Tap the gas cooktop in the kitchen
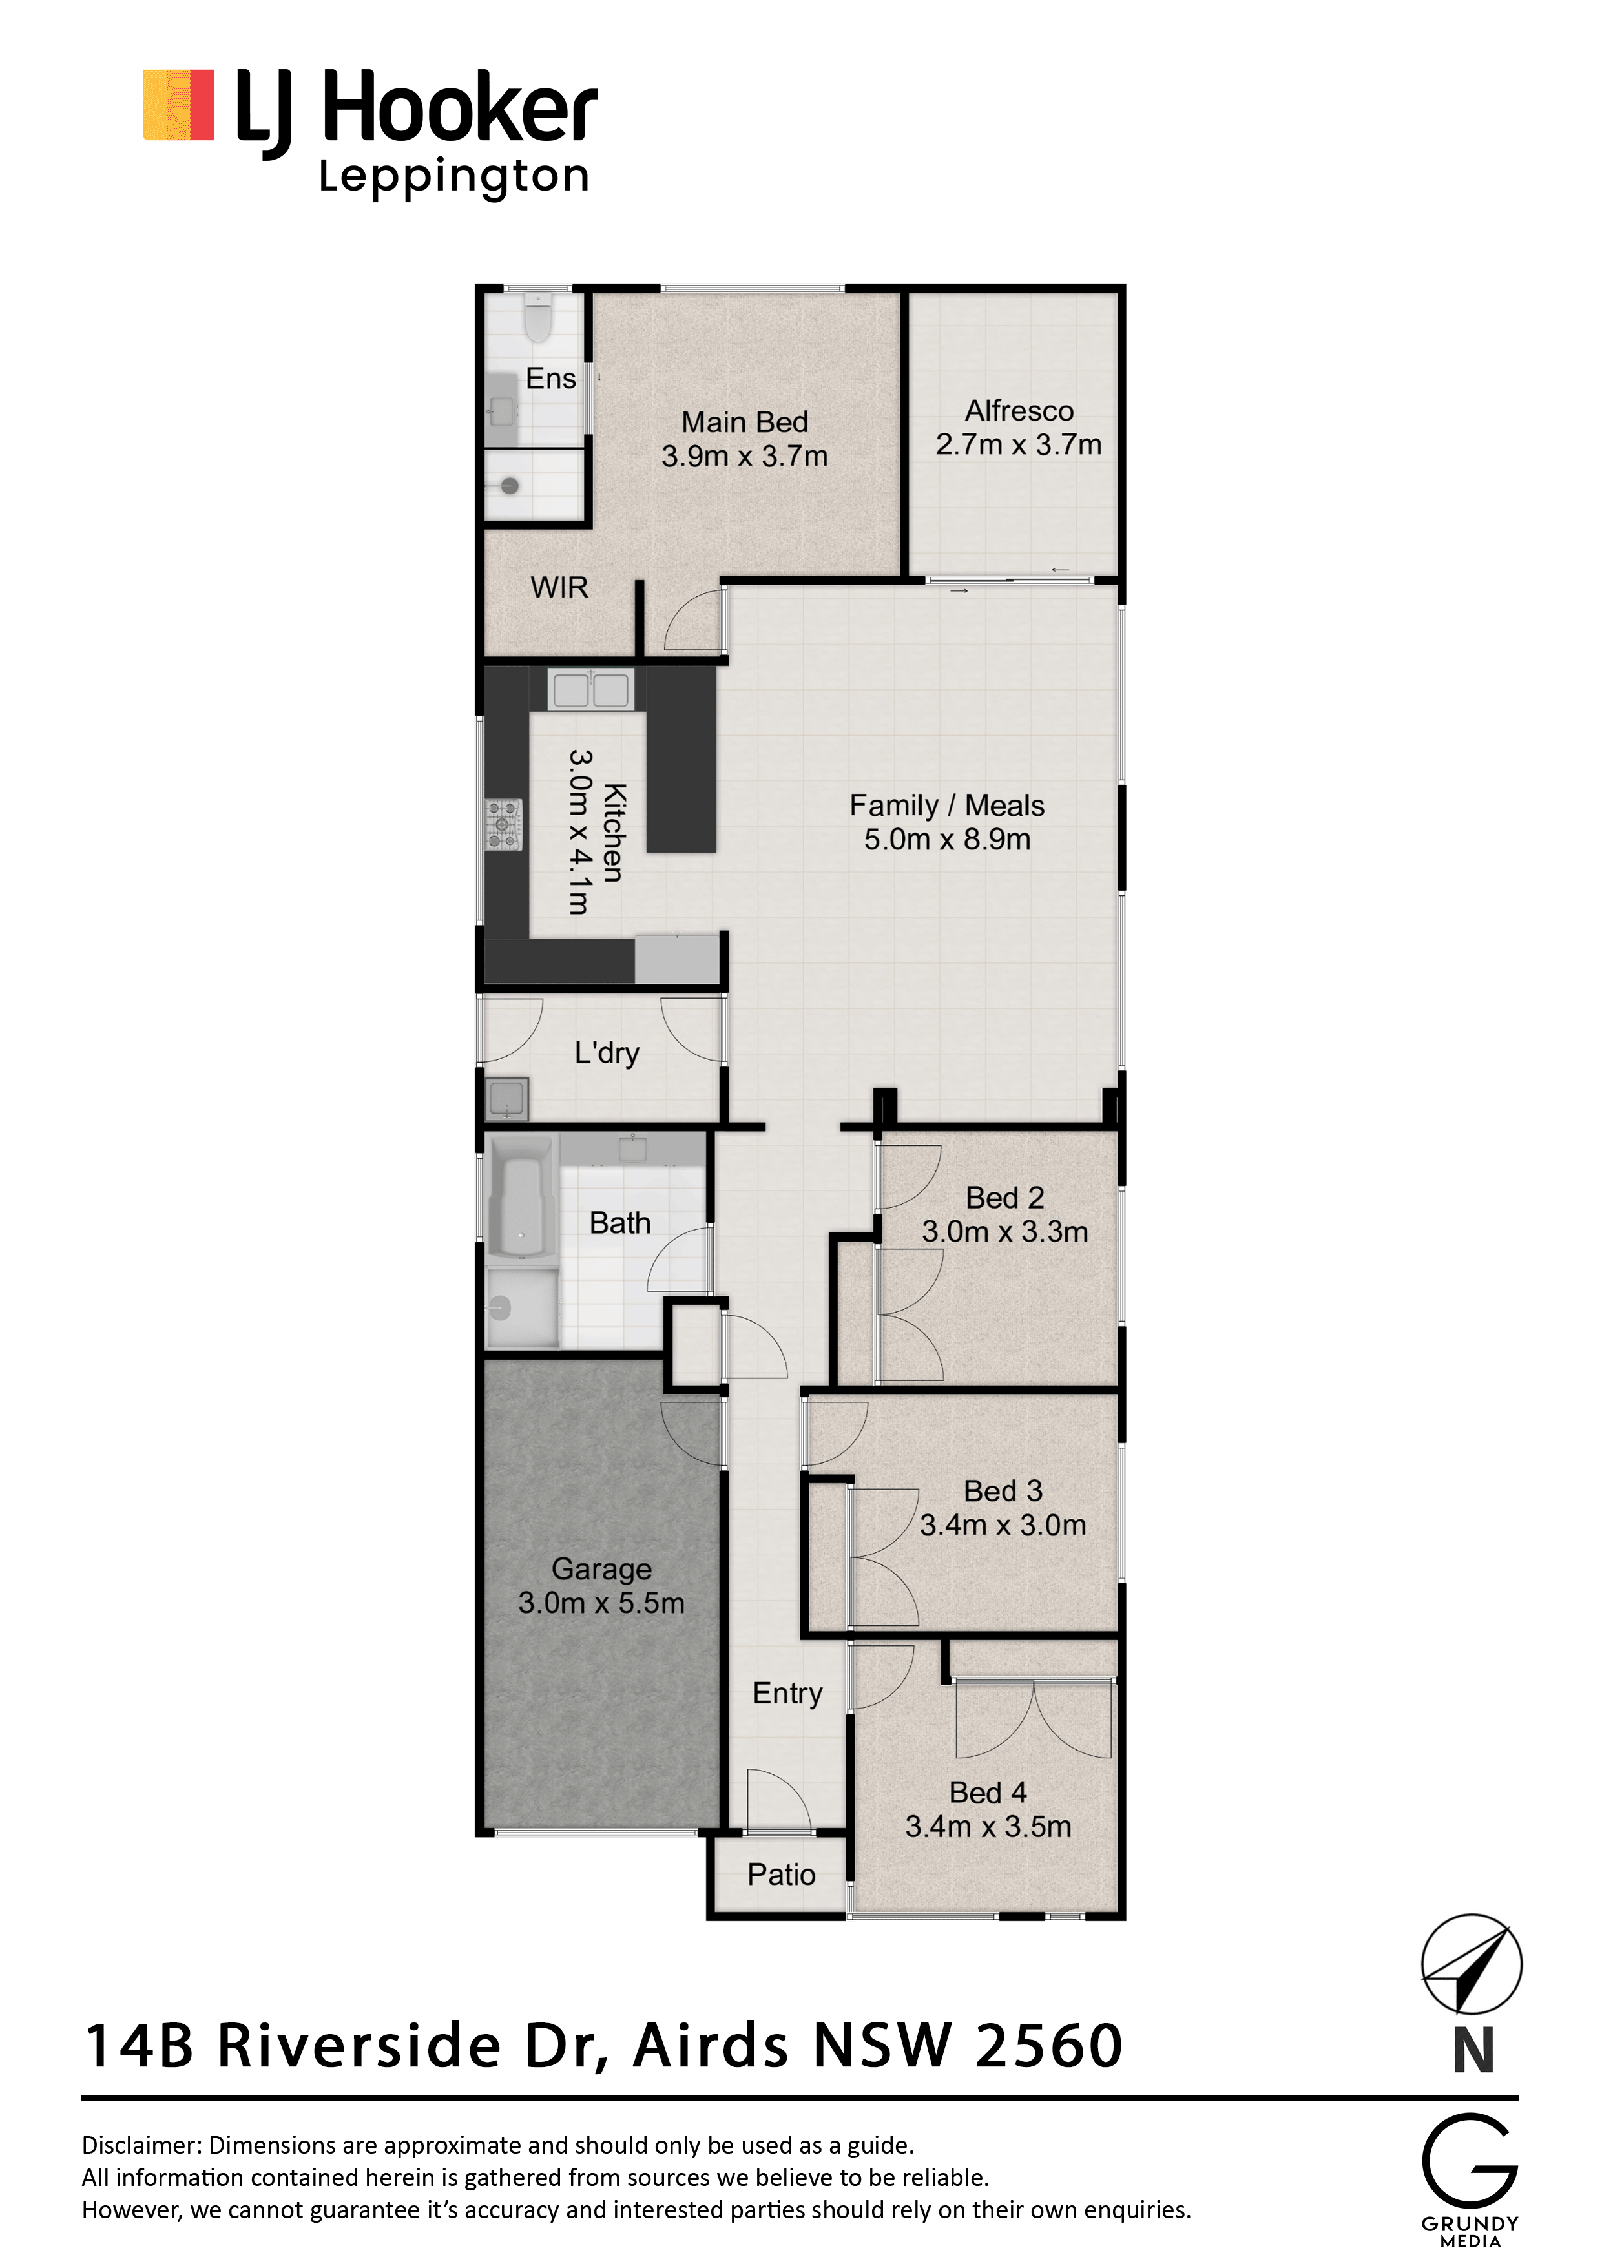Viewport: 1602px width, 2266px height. click(x=503, y=825)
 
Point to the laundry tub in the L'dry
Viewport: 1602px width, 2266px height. click(x=507, y=1099)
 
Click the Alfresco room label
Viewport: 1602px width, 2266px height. click(x=1019, y=411)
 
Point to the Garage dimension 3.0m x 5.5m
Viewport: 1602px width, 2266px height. click(x=601, y=1603)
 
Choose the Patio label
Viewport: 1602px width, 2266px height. click(x=781, y=1874)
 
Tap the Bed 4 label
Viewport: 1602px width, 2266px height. click(x=988, y=1793)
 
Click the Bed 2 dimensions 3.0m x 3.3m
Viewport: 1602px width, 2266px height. click(x=1005, y=1232)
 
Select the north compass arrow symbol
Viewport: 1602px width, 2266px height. click(x=1471, y=1964)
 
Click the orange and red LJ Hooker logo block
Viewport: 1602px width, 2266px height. click(x=179, y=105)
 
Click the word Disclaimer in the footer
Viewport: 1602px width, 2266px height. click(x=141, y=2146)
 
